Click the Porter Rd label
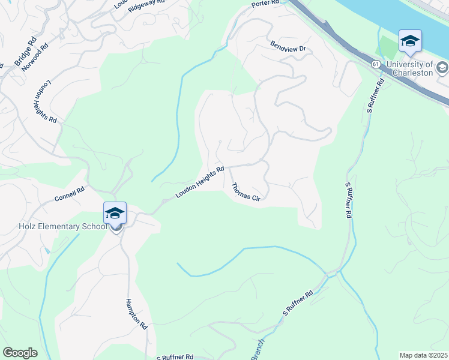click(265, 4)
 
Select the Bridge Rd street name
click(25, 52)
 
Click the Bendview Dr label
click(288, 46)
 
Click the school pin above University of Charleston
click(410, 41)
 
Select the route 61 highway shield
click(375, 64)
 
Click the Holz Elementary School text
click(53, 226)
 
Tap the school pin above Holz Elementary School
click(115, 213)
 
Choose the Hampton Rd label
click(136, 314)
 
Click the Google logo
click(20, 353)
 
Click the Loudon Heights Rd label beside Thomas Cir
click(200, 182)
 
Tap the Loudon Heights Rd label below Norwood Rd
click(45, 101)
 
